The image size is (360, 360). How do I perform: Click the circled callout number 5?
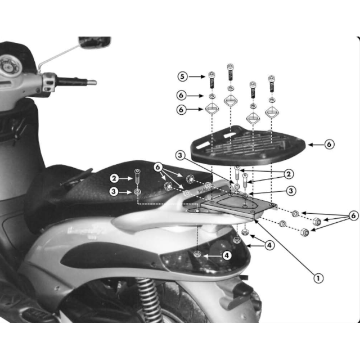(x=182, y=76)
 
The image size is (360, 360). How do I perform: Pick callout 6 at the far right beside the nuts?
(x=353, y=215)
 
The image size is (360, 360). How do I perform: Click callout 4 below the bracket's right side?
(x=269, y=245)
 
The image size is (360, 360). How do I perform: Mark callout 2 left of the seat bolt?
(x=114, y=178)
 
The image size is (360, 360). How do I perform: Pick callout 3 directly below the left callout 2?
(x=114, y=192)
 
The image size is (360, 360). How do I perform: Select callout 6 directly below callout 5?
(x=181, y=95)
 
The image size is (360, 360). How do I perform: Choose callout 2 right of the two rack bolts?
(x=289, y=174)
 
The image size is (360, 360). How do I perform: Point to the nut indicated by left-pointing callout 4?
(x=199, y=255)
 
